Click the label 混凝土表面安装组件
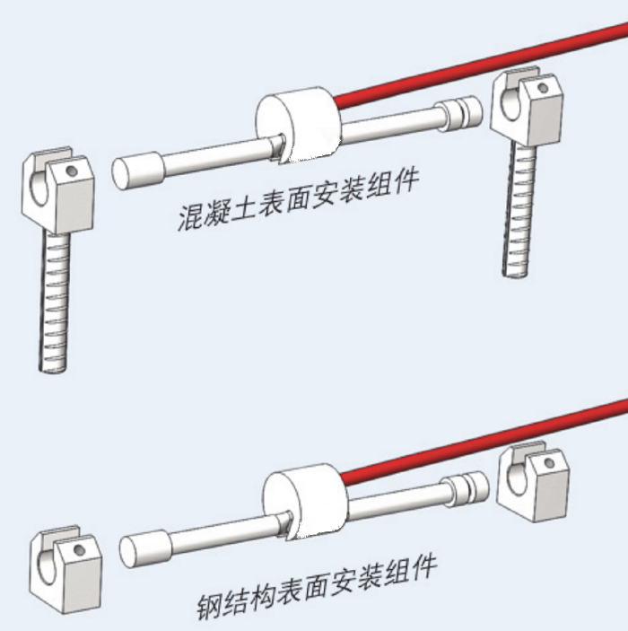298,199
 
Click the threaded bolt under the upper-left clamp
54,301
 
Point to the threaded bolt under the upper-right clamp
519,209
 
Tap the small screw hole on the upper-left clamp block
72,171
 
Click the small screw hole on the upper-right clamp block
543,87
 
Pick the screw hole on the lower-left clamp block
80,549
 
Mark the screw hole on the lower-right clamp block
550,463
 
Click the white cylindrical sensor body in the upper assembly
299,127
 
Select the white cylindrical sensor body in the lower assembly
306,501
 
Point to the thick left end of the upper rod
138,171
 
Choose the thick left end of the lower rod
145,549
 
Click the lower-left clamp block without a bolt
66,569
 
